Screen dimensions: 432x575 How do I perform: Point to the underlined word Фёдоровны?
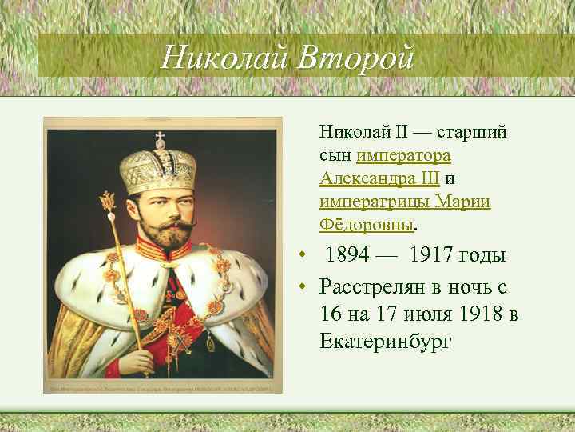368,225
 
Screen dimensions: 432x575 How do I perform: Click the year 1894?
353,256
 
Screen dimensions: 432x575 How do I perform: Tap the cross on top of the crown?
158,134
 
